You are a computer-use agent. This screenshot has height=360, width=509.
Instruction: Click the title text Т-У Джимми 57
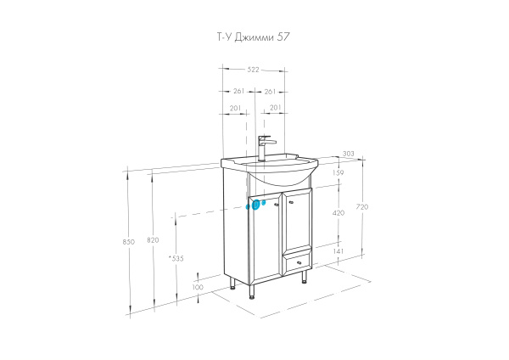(254, 37)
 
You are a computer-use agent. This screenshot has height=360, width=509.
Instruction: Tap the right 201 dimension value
(274, 107)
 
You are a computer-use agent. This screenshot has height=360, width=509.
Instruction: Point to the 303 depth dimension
(349, 154)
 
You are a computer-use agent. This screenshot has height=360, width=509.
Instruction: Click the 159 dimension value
(338, 173)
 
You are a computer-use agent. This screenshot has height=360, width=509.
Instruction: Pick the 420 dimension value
(338, 213)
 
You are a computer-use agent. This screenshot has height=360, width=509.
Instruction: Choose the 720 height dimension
(362, 207)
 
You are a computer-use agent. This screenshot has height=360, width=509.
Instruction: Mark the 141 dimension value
(338, 251)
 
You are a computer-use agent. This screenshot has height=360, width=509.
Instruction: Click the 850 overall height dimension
(129, 242)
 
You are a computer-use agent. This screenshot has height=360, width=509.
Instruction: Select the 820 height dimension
(153, 240)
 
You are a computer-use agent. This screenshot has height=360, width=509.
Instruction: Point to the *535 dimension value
(176, 258)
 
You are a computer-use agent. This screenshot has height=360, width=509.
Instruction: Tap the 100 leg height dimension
(198, 287)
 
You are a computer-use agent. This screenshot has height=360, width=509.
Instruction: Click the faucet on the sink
(264, 147)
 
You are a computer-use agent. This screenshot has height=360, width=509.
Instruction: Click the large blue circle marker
(255, 205)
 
